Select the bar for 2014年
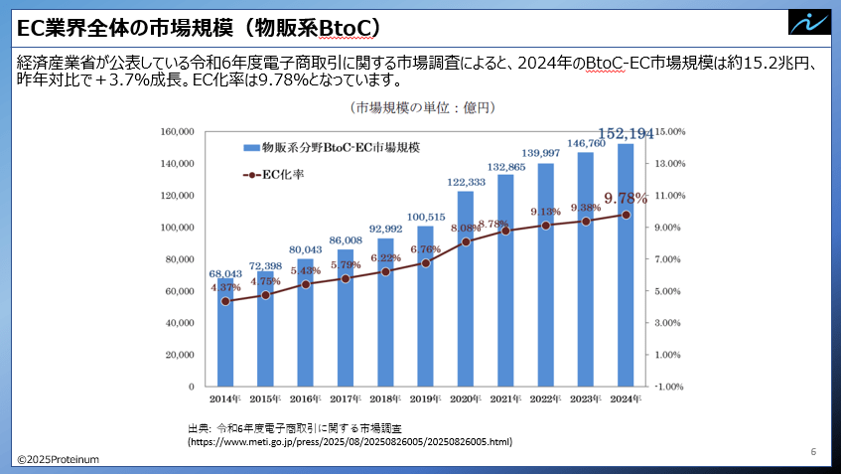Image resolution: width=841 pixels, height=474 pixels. (x=226, y=333)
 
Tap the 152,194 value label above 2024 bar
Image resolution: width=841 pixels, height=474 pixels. (x=627, y=134)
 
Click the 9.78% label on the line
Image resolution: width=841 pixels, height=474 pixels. (x=626, y=198)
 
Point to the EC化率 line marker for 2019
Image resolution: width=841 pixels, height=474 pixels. (x=425, y=263)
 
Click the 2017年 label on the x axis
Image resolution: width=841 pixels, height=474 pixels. (x=346, y=398)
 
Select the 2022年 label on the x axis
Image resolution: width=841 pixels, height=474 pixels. (x=546, y=398)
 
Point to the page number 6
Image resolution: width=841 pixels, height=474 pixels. (x=812, y=452)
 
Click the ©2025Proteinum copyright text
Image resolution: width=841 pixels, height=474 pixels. (x=57, y=459)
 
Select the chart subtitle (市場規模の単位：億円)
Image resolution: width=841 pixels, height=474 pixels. (x=422, y=106)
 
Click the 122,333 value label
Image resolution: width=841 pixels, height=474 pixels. (x=466, y=182)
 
